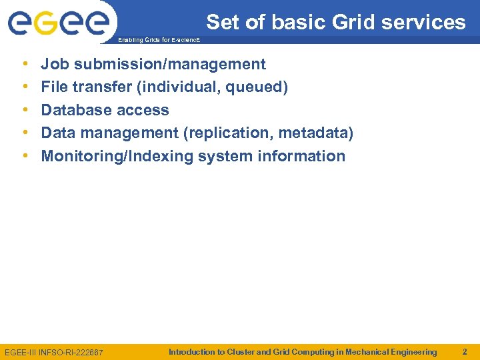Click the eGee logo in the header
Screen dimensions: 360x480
[x=58, y=23]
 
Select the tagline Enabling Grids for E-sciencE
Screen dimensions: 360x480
[x=157, y=41]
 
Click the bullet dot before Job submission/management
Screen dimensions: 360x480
[x=25, y=64]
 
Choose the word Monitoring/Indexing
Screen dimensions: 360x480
[x=109, y=156]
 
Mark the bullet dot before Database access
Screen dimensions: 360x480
[x=25, y=110]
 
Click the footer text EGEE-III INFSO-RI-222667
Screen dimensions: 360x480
[x=54, y=352]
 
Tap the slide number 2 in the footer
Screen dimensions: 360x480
[x=465, y=351]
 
